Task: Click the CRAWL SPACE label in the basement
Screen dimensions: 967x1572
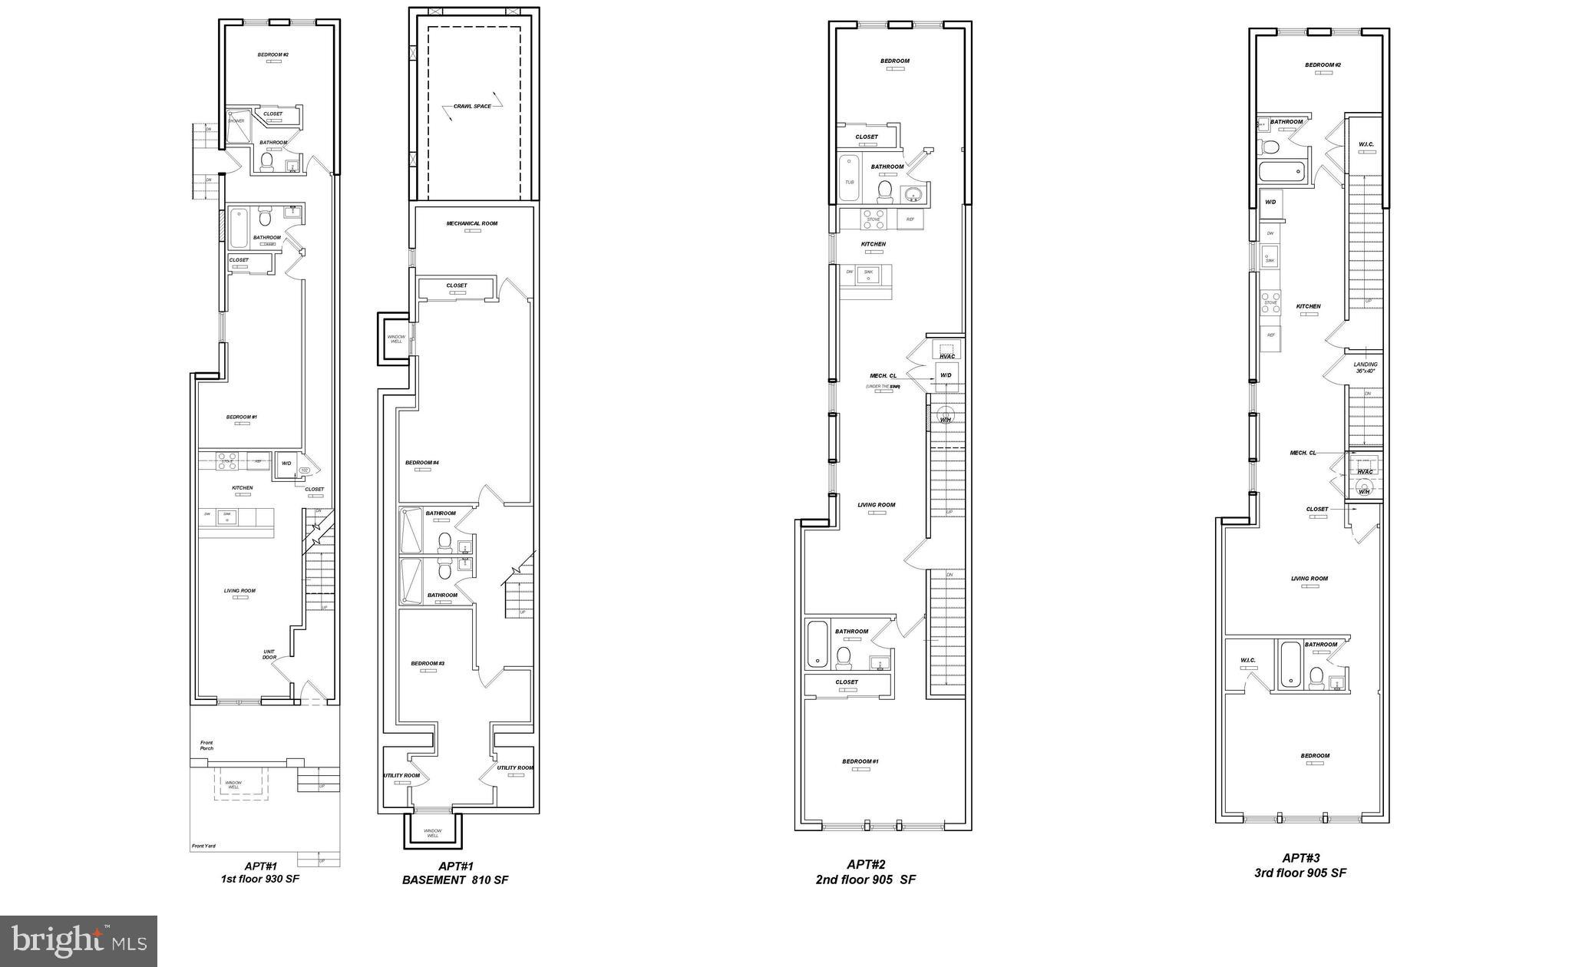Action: point(472,106)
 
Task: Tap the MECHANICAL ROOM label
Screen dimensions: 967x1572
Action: point(472,223)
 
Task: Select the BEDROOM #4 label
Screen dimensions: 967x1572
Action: point(422,463)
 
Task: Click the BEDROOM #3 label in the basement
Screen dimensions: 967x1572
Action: point(428,663)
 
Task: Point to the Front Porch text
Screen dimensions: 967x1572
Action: point(206,745)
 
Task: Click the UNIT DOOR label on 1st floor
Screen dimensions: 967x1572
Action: point(269,655)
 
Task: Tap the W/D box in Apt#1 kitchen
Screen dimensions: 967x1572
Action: point(286,464)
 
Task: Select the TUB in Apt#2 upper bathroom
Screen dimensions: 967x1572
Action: point(849,182)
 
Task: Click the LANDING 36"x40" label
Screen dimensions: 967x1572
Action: point(1366,368)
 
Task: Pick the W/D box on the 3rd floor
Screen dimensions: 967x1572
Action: point(1270,202)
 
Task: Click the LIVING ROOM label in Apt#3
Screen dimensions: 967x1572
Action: point(1309,579)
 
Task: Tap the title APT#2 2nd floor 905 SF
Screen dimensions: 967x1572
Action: point(866,873)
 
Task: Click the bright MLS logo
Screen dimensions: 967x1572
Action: point(78,940)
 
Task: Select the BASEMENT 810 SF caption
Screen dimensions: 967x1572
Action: point(455,880)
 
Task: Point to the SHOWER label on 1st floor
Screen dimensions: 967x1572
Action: point(236,120)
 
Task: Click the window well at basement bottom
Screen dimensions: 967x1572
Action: point(433,831)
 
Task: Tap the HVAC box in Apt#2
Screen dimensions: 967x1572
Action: point(947,356)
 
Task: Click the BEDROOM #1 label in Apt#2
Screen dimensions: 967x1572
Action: point(860,761)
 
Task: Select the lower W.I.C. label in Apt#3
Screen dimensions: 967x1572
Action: point(1247,660)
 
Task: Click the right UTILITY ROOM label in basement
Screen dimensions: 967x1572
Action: point(514,767)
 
